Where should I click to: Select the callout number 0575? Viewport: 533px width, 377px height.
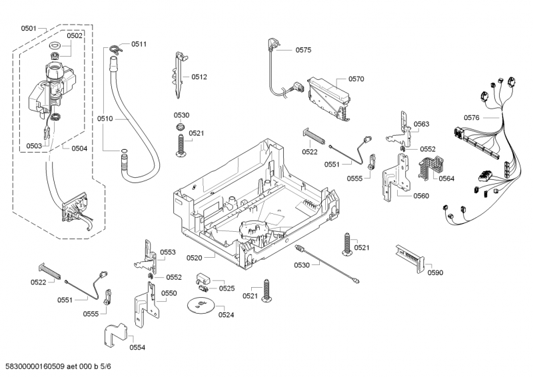(x=303, y=50)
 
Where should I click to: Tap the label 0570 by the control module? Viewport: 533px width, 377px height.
(x=356, y=79)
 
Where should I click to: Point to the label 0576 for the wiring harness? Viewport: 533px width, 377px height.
(x=472, y=118)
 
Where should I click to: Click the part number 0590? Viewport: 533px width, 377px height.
(x=435, y=272)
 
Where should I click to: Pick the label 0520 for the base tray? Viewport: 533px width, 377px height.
(x=195, y=257)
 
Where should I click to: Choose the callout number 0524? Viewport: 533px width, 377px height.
(x=227, y=314)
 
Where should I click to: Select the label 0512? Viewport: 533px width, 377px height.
(x=199, y=77)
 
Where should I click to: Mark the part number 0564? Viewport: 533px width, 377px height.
(x=446, y=178)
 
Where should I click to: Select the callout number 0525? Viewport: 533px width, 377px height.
(x=227, y=288)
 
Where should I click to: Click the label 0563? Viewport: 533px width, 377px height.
(x=421, y=125)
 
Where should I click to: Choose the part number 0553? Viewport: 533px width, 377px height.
(x=168, y=252)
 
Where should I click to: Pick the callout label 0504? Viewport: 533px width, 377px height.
(x=79, y=148)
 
